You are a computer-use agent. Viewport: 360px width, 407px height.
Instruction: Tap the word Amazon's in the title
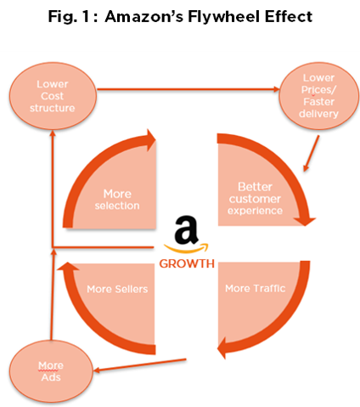(x=143, y=16)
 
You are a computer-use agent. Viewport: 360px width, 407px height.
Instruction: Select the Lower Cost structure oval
(x=53, y=96)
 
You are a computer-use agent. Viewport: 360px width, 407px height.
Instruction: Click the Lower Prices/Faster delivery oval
(x=319, y=96)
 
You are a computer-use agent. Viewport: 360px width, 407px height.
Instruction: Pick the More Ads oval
(x=51, y=371)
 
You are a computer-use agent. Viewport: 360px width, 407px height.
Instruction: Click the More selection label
(x=117, y=200)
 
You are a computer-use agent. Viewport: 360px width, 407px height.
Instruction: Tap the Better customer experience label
(x=255, y=199)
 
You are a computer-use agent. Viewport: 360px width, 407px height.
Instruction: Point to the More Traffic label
(x=255, y=288)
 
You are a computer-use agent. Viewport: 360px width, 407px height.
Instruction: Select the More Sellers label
(x=117, y=289)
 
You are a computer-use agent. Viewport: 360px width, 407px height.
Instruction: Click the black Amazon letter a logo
(x=186, y=229)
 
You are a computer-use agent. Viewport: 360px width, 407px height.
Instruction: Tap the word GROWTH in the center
(x=187, y=263)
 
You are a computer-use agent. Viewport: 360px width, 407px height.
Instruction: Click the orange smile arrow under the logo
(x=186, y=248)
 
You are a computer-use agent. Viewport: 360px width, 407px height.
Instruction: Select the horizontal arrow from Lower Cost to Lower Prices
(x=188, y=89)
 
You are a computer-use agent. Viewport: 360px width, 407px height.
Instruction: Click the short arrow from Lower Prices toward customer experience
(x=312, y=153)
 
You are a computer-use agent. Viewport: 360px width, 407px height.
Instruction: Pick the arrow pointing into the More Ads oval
(x=140, y=365)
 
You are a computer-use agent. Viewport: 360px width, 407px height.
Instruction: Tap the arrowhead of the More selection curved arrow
(x=151, y=140)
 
